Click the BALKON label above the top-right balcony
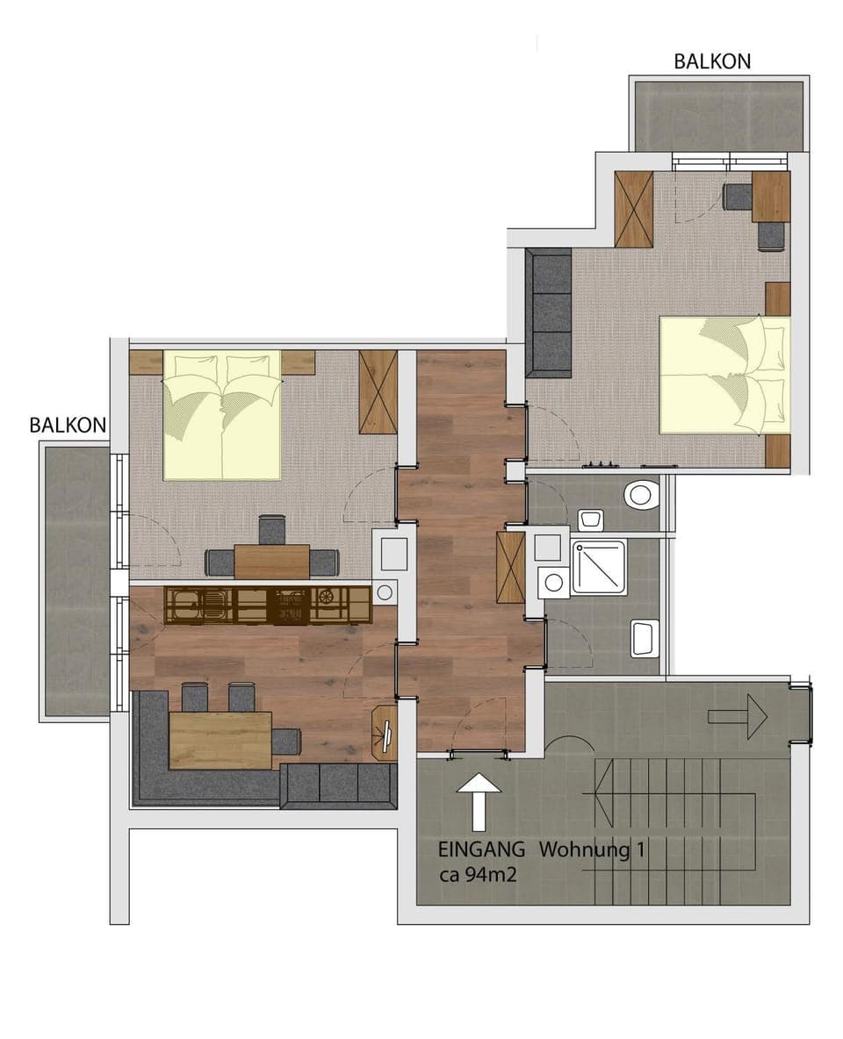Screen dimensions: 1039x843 pos(712,61)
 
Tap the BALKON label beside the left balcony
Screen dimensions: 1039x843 pos(68,426)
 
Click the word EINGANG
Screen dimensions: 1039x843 pos(481,849)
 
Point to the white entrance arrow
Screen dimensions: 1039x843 pos(479,800)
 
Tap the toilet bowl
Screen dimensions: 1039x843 pos(642,494)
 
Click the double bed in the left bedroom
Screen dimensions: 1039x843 pos(222,414)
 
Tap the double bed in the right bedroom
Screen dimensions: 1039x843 pos(724,375)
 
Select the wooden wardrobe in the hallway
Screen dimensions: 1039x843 pos(510,568)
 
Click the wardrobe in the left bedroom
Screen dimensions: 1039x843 pos(378,391)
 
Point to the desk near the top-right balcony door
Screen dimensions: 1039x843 pos(770,196)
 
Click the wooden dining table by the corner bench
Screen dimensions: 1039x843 pos(220,738)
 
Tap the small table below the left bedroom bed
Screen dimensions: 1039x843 pos(272,561)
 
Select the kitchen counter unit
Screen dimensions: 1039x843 pos(268,605)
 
